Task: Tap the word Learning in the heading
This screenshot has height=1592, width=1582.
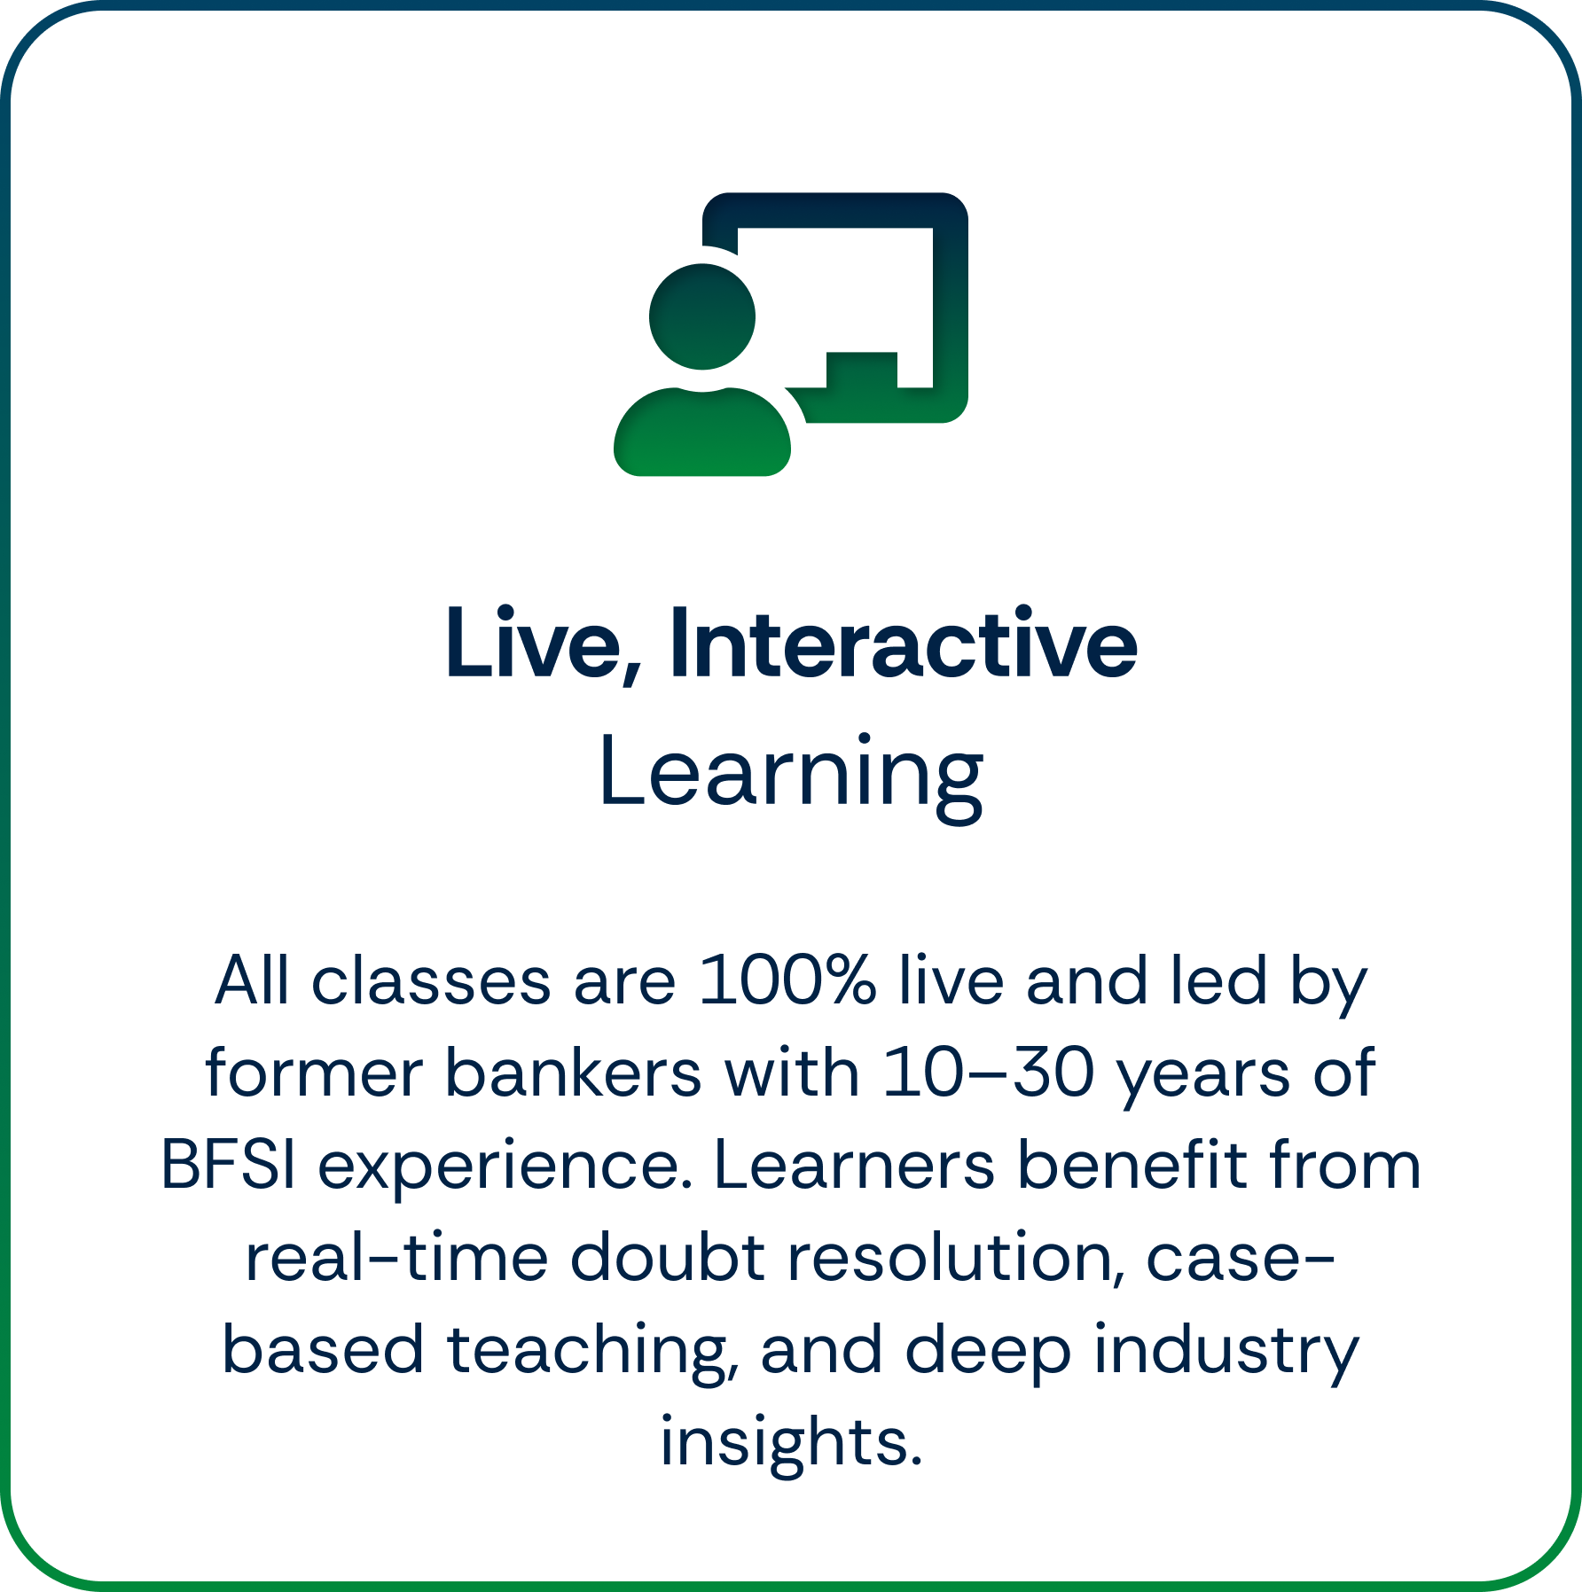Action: pyautogui.click(x=791, y=773)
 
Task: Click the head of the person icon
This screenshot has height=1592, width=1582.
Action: pyautogui.click(x=702, y=316)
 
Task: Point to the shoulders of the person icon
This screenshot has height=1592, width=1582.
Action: pyautogui.click(x=702, y=434)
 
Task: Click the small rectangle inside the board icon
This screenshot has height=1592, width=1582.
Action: pyautogui.click(x=861, y=370)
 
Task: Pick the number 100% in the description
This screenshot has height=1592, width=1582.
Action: pyautogui.click(x=787, y=981)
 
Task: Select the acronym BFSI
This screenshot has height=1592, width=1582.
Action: pyautogui.click(x=228, y=1166)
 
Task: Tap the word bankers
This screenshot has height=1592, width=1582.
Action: pyautogui.click(x=573, y=1073)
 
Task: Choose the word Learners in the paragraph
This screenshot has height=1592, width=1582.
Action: pyautogui.click(x=855, y=1166)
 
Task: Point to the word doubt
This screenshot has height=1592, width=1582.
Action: pyautogui.click(x=667, y=1258)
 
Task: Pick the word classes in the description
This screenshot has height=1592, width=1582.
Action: pyautogui.click(x=431, y=981)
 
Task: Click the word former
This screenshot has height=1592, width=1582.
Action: pyautogui.click(x=314, y=1073)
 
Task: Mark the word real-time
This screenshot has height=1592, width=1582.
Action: pyautogui.click(x=396, y=1258)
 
